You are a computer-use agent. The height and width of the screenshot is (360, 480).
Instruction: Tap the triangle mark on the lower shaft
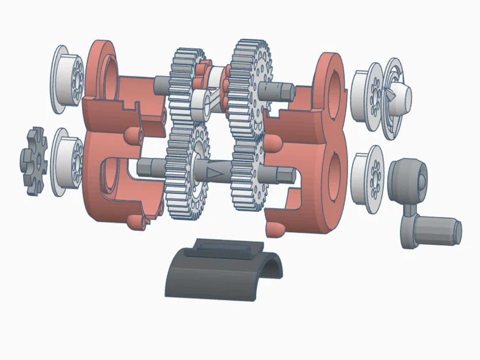(x=215, y=172)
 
